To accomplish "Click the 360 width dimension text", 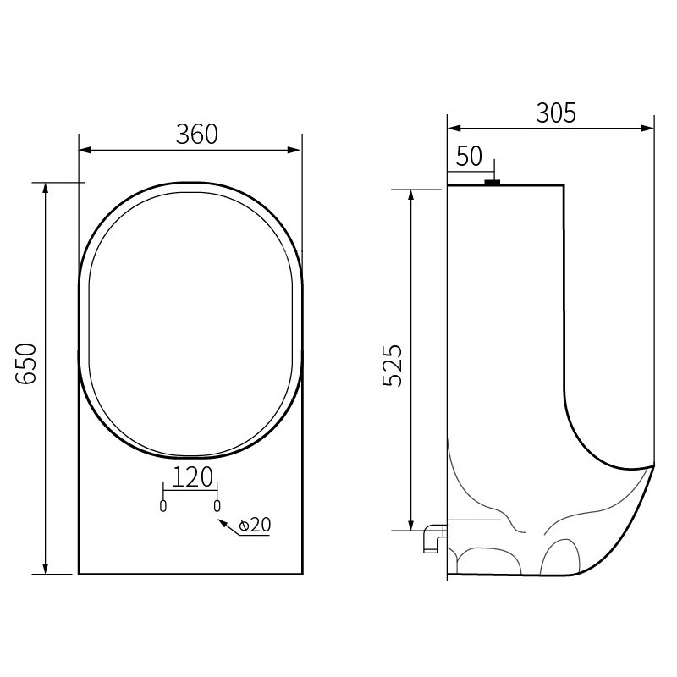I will (x=196, y=135).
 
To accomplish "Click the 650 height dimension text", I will (x=27, y=365).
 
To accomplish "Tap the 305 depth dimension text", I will (x=556, y=113).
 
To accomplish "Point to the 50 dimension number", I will (x=469, y=157).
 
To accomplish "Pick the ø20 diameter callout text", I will (x=255, y=526).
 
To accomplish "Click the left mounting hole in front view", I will (x=164, y=505).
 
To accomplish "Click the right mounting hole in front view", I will (x=218, y=505).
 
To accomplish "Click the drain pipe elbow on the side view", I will (x=432, y=538).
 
